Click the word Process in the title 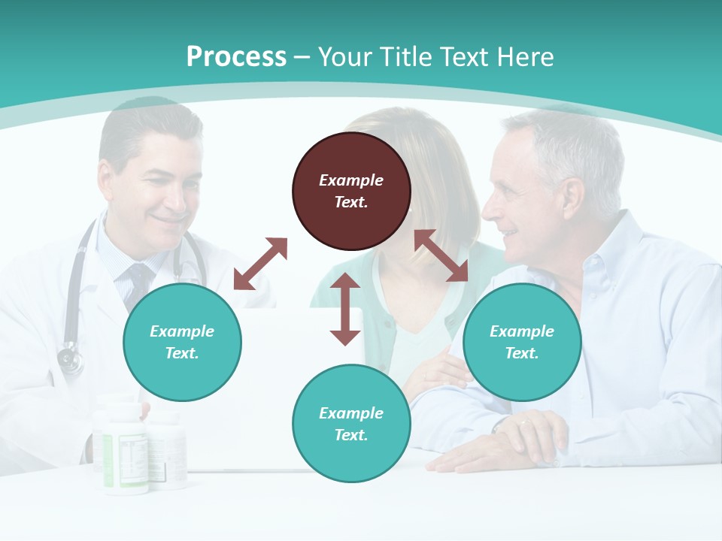tap(236, 57)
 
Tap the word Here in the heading tap(523, 57)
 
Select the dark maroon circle tap(351, 191)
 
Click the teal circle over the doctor tap(182, 342)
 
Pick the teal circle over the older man tap(522, 342)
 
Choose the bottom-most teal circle tap(351, 424)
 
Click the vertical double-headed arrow tap(345, 309)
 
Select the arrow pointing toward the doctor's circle tap(260, 264)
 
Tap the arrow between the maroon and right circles tap(441, 255)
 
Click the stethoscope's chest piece tap(70, 359)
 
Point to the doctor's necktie tap(139, 281)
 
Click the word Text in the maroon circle tap(351, 202)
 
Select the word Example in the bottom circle tap(351, 413)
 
